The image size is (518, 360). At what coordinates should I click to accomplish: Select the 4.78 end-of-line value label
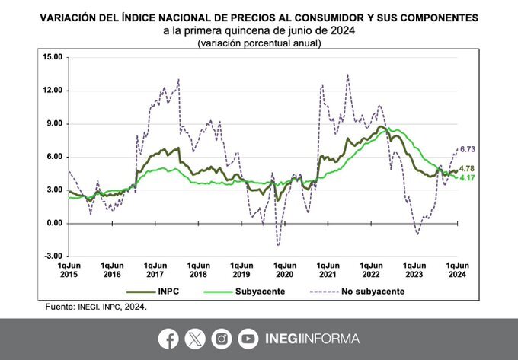(471, 168)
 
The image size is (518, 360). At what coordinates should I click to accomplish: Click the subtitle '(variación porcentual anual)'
(258, 43)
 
